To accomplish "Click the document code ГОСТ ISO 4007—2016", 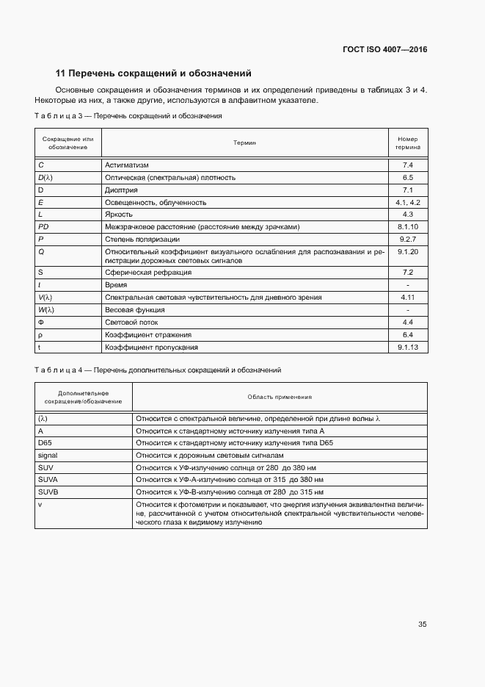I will click(x=384, y=50).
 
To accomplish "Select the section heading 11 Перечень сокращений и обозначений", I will click(x=153, y=73).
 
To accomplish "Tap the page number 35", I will click(x=423, y=625).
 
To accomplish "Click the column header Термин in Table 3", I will click(x=244, y=143).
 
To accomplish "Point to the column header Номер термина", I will click(x=407, y=143).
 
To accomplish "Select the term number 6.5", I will click(x=408, y=178).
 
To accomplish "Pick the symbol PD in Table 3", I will click(x=43, y=227).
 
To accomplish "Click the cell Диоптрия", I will click(x=122, y=190).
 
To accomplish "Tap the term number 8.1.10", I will click(x=408, y=227).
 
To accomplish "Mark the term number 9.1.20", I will click(x=408, y=251).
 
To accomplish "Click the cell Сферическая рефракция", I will click(x=148, y=273).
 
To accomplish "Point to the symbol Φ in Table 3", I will click(x=41, y=323).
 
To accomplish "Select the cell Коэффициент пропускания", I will click(x=151, y=347).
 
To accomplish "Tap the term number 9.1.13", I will click(x=408, y=347).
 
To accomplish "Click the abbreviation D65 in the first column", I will click(x=45, y=443).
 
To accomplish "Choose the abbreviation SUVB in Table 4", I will click(x=48, y=492).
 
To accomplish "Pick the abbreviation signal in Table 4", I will click(x=47, y=456).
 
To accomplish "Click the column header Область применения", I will click(x=280, y=397).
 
